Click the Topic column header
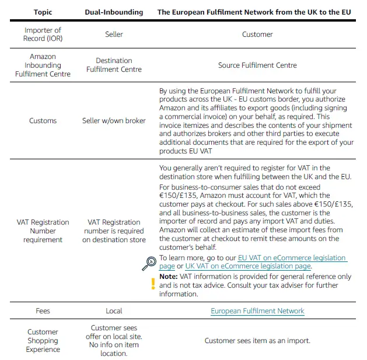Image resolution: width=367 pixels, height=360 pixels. point(43,12)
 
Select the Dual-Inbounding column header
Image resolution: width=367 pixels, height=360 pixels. point(114,12)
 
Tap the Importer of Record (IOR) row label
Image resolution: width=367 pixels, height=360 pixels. point(43,34)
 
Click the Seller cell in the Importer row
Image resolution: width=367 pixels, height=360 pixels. point(114,34)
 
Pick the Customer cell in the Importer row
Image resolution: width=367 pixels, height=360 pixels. point(257,34)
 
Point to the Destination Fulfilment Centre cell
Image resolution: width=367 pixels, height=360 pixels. point(114,65)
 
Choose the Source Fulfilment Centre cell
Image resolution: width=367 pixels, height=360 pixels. point(257,65)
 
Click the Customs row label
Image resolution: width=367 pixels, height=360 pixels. point(43,121)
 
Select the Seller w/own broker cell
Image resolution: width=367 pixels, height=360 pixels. point(114,121)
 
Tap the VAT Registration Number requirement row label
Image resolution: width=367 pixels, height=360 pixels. point(43,231)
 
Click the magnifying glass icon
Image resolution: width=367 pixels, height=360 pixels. point(149,263)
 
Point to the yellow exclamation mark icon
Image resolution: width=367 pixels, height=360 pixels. point(153,284)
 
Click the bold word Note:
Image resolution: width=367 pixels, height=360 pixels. point(169,277)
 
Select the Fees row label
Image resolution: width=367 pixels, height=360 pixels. point(43,311)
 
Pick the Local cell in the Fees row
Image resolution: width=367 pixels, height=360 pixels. point(114,311)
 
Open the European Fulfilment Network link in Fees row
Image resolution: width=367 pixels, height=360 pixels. point(257,311)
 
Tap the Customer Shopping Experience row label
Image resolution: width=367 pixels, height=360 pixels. point(43,341)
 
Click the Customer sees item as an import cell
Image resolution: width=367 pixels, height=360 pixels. point(257,341)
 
